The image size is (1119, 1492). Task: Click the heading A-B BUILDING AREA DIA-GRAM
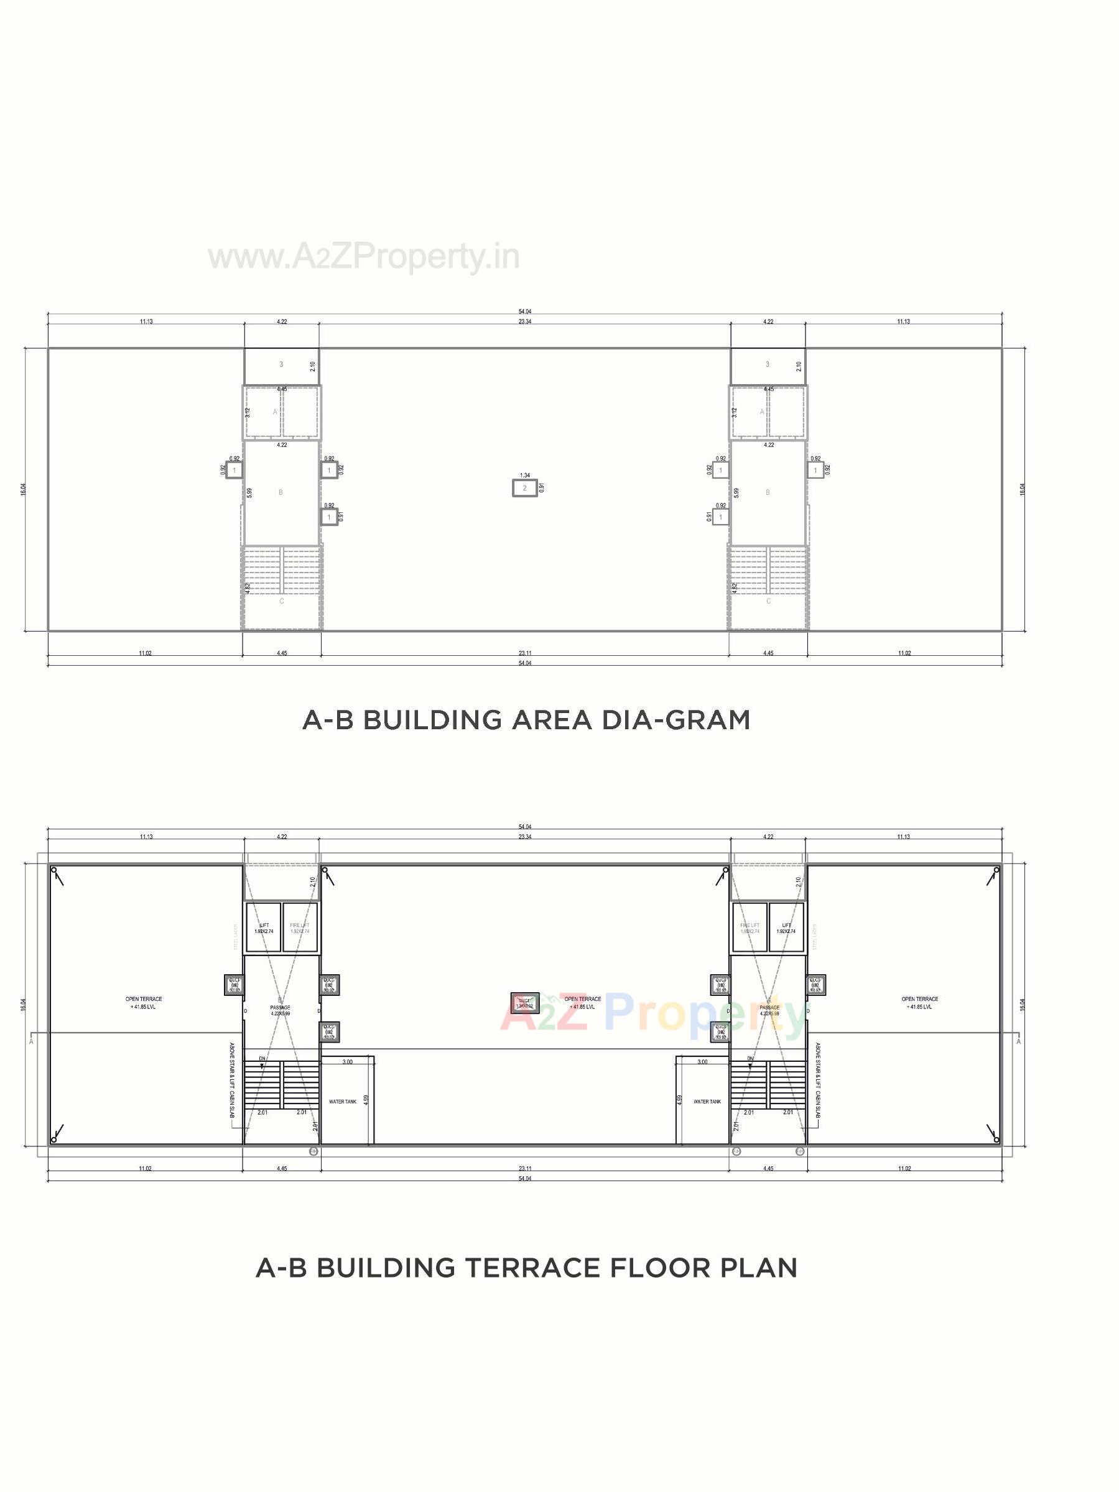point(526,720)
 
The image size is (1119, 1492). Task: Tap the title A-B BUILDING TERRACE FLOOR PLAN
point(526,1268)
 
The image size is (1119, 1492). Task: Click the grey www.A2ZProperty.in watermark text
point(364,257)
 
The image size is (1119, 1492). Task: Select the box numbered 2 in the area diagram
point(524,487)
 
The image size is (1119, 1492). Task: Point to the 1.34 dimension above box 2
point(524,476)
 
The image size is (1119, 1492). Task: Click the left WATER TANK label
point(343,1102)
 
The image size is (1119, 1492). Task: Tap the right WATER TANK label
point(707,1102)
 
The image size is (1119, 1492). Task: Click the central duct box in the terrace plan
point(524,1003)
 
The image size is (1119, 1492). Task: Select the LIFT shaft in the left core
point(264,928)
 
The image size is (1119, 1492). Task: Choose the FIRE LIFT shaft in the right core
point(750,928)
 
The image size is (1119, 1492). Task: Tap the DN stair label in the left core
point(262,1058)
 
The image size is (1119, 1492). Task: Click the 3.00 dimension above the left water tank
point(347,1062)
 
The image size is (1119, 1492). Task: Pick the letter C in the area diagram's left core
point(281,601)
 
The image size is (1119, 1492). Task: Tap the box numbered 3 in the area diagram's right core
point(768,364)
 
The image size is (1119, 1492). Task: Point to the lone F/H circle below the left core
point(313,1151)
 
